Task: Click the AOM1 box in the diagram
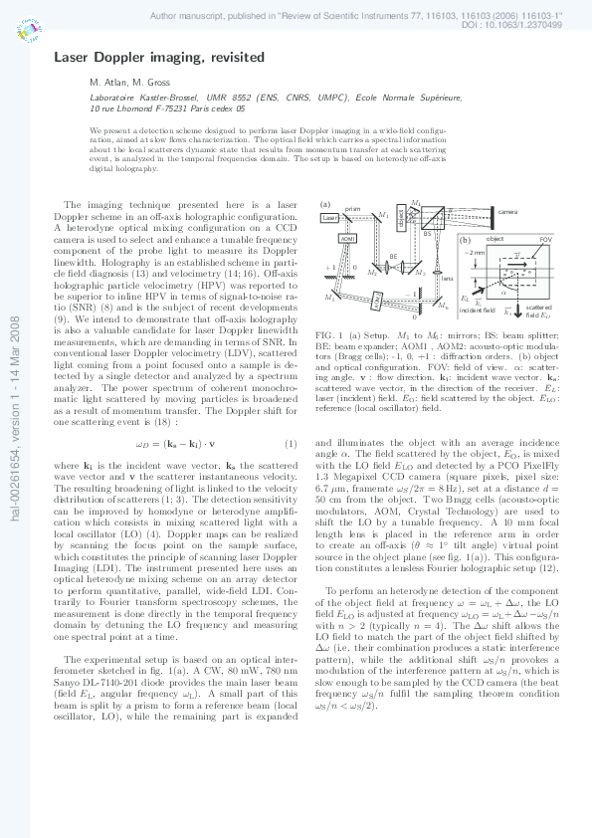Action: [347, 239]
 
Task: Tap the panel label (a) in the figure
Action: [324, 204]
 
